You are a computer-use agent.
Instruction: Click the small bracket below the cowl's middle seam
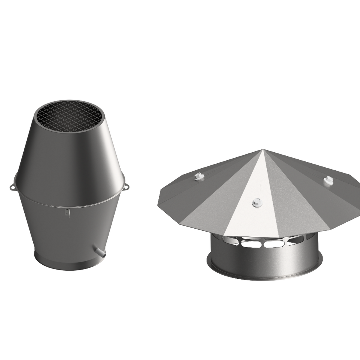(67, 212)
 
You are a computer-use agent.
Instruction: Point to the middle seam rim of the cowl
(69, 204)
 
